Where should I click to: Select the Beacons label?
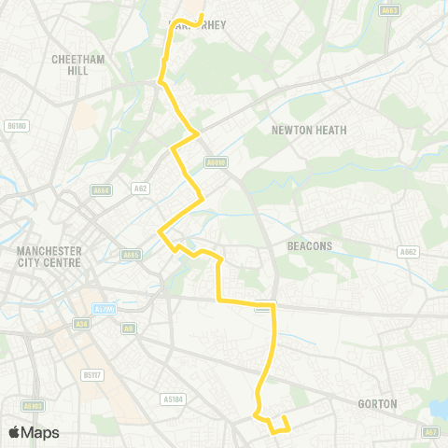coord(309,246)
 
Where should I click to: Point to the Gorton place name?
coord(378,404)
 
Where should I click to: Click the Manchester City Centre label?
coord(49,257)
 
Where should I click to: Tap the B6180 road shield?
coord(16,124)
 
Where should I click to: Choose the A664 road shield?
coord(102,190)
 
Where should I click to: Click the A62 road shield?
coord(141,188)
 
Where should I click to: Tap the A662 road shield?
coord(407,251)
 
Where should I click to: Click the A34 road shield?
coord(81,324)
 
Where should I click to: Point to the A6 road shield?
coord(129,328)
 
